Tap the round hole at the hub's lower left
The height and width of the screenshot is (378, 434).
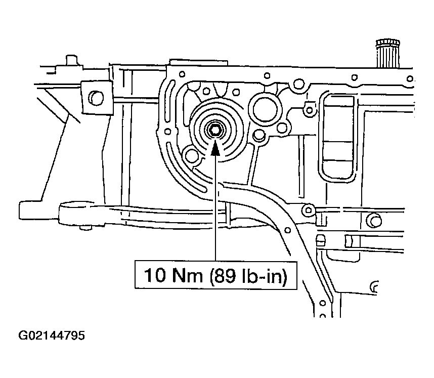[x=192, y=154]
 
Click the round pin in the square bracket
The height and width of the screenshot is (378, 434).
[x=95, y=96]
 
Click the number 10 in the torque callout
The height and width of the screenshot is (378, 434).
[x=154, y=276]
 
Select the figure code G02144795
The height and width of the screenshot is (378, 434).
[x=51, y=336]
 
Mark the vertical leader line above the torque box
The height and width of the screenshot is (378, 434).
[x=216, y=213]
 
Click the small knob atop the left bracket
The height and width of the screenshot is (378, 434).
[x=70, y=60]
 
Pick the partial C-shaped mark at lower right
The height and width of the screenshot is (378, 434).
[x=375, y=287]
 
